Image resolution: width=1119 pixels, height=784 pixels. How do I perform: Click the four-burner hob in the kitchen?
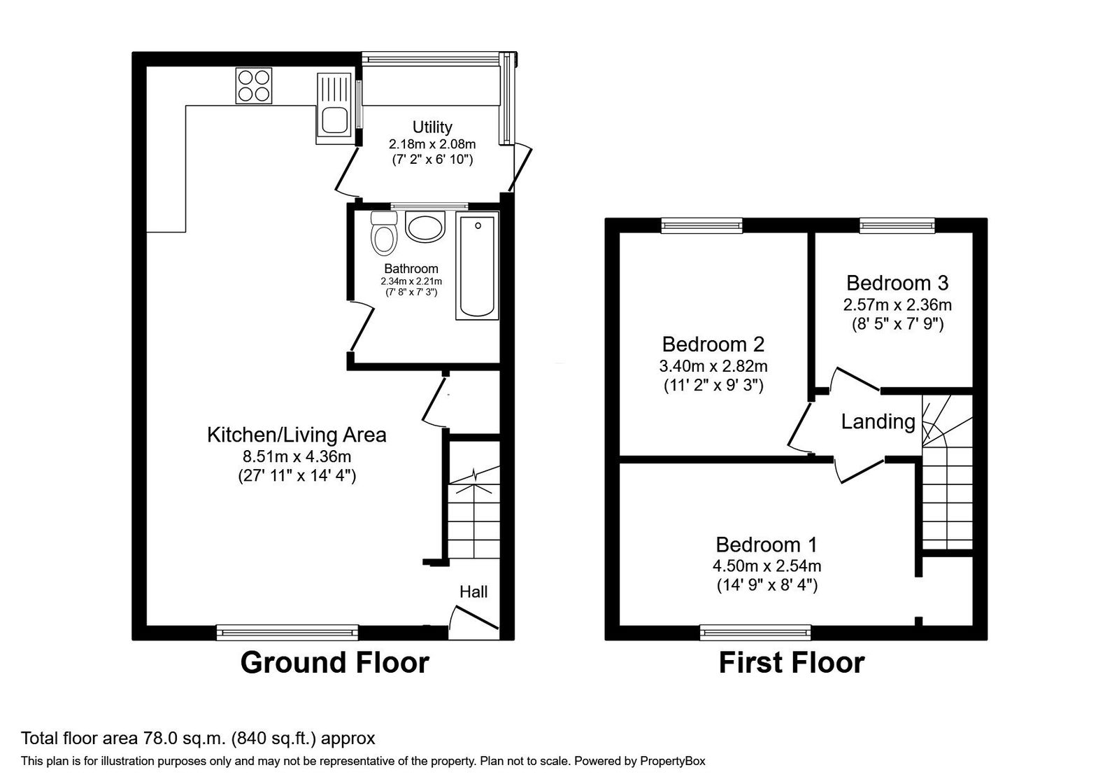[x=254, y=86]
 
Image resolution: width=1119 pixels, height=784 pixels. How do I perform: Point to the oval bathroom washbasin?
[x=425, y=227]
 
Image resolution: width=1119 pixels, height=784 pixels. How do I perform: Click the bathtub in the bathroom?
[x=477, y=265]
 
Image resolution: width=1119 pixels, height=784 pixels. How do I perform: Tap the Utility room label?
[x=432, y=127]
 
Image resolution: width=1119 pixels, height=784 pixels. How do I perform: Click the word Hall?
[x=473, y=592]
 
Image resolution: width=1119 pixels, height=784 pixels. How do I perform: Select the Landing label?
[x=878, y=421]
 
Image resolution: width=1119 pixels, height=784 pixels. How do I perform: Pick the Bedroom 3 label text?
[x=897, y=283]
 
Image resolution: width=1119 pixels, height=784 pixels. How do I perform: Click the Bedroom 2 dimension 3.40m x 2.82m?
[x=713, y=366]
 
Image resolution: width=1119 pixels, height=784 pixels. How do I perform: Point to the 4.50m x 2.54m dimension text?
[x=767, y=566]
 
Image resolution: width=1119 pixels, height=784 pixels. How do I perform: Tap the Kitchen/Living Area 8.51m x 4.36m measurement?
[x=297, y=456]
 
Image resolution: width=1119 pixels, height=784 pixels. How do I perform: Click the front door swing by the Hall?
[x=473, y=618]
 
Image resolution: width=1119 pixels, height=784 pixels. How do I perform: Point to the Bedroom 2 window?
[x=702, y=226]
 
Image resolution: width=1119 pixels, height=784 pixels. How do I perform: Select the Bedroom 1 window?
[x=755, y=633]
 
